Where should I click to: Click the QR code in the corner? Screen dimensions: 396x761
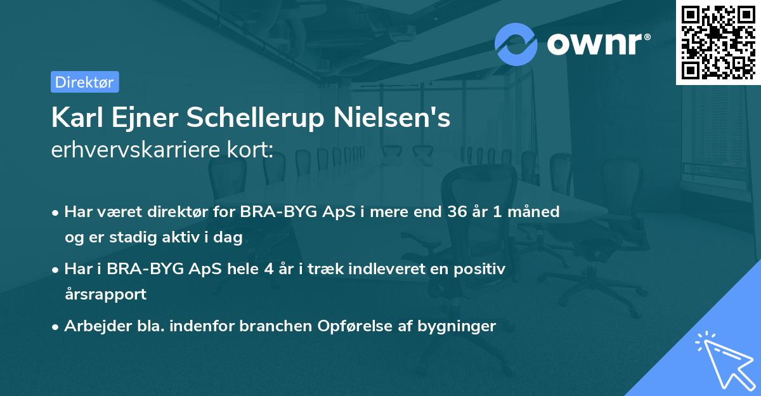click(x=718, y=42)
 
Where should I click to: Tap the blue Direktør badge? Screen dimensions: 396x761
click(x=84, y=82)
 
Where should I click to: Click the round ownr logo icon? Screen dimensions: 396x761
click(x=516, y=44)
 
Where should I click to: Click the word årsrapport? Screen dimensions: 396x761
click(x=105, y=294)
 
